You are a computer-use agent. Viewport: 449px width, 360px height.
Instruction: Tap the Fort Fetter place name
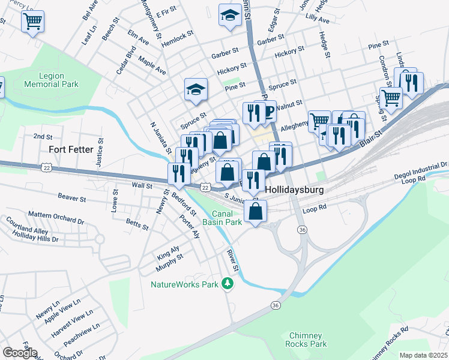[x=70, y=148]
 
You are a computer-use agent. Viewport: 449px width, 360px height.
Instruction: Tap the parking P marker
[x=269, y=111]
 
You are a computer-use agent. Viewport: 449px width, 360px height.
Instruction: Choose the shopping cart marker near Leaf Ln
[x=32, y=22]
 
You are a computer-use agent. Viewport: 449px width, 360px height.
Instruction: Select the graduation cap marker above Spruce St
[x=196, y=90]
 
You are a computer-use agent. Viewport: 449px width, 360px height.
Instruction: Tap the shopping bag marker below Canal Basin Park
[x=256, y=212]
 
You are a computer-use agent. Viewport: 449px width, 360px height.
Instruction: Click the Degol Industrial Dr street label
[x=421, y=171]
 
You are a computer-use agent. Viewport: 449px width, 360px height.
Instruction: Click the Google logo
[x=19, y=353]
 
